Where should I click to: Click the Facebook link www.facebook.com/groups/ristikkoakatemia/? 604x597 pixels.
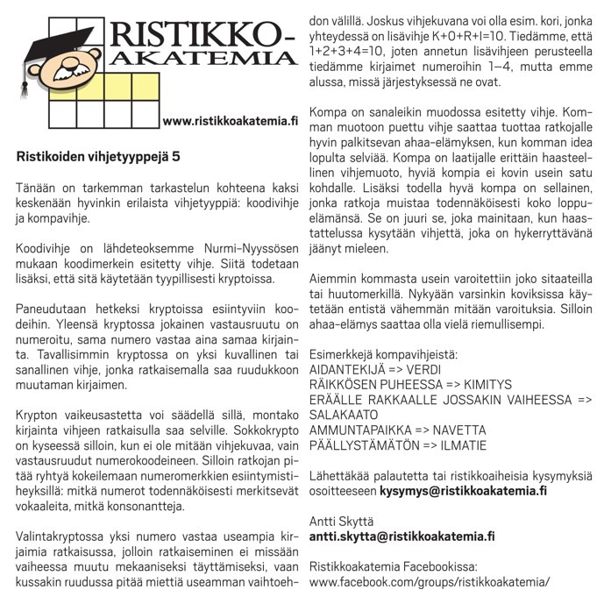(430, 582)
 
